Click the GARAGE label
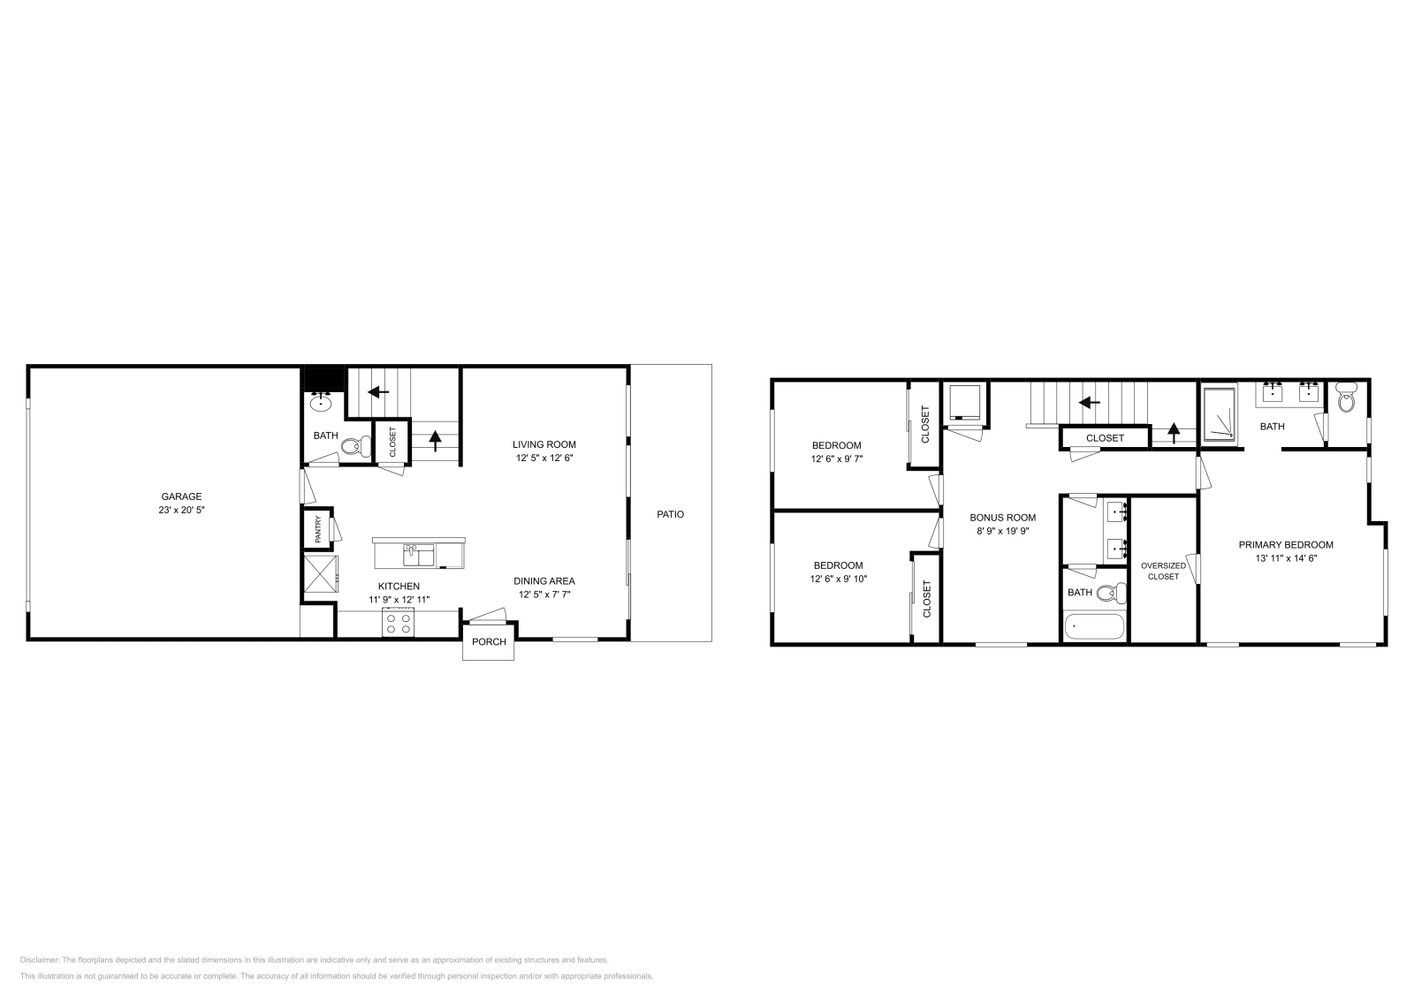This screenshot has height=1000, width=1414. [181, 496]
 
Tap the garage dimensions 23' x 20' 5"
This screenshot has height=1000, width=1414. [181, 511]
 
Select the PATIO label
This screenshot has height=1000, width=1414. [670, 514]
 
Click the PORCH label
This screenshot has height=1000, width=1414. [489, 642]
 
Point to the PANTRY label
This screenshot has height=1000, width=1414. [318, 529]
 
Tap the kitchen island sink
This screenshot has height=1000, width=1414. [413, 554]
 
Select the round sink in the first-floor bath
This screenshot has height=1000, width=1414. [320, 404]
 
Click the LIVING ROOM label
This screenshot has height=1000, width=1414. [544, 444]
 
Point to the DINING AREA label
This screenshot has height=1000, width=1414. [544, 580]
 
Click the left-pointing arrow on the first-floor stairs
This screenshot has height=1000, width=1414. [379, 391]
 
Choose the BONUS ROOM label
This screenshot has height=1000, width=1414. [1002, 518]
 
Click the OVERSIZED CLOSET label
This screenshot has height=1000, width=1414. [1163, 571]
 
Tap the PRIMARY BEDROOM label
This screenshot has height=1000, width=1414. [1285, 545]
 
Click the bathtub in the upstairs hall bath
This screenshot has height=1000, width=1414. [1094, 628]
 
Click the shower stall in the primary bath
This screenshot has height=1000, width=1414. [1220, 413]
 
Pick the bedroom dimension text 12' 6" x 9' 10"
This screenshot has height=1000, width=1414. [838, 580]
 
